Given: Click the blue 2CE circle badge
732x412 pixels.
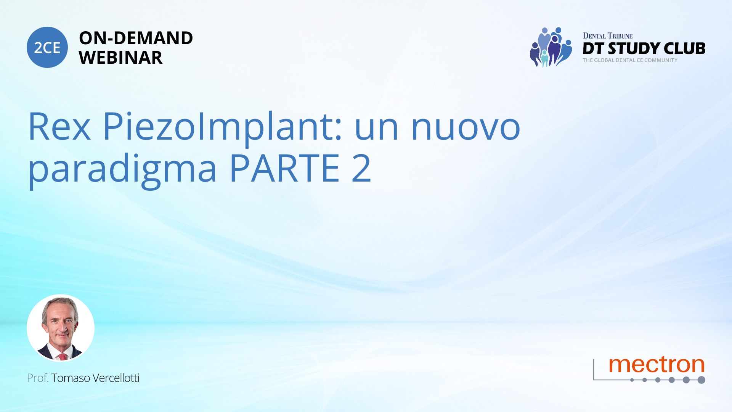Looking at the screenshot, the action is coord(47,47).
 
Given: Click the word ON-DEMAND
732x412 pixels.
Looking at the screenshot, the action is coord(136,38).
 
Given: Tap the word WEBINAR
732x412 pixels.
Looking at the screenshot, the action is coord(120,58).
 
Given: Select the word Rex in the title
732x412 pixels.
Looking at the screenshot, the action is coord(59,126).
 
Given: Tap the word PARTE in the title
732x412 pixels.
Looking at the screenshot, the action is coord(284,168).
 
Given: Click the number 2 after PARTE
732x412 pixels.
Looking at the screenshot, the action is coord(361,167).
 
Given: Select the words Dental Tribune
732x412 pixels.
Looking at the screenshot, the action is coord(607,36).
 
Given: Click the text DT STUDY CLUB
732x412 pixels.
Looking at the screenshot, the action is coord(644,48).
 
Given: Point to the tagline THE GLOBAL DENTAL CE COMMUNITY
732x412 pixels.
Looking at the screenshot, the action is coord(630,60).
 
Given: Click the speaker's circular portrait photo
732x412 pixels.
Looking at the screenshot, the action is coord(61,328).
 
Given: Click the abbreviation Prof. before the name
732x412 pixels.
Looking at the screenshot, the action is coord(38,378).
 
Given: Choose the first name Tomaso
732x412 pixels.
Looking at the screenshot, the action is coord(71,378).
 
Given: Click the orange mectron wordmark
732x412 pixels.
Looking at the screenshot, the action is coord(657,365).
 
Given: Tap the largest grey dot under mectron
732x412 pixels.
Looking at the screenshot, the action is coord(701,380).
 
